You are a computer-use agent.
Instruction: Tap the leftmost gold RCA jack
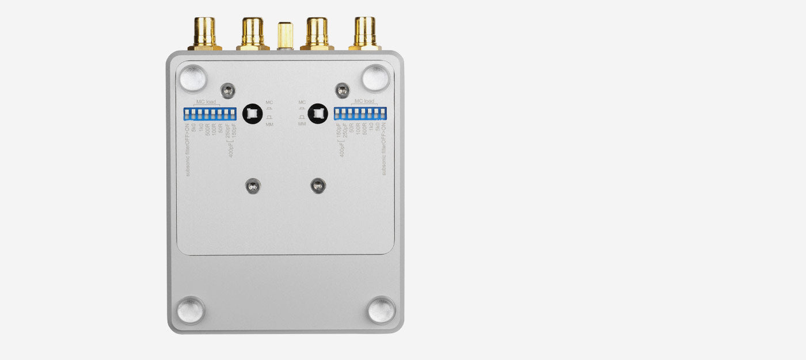click(x=204, y=33)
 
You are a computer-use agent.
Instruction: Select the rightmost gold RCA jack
click(x=364, y=33)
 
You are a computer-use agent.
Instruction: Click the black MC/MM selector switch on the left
click(x=251, y=113)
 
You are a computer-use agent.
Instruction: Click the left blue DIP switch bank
click(x=210, y=113)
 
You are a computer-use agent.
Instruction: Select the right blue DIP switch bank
click(x=360, y=113)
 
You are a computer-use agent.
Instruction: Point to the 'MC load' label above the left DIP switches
click(x=206, y=103)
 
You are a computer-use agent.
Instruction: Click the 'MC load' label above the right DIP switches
click(x=364, y=103)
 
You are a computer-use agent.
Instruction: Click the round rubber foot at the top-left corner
click(x=193, y=78)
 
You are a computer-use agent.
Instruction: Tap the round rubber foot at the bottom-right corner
click(x=381, y=310)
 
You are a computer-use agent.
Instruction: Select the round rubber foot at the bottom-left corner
click(x=191, y=310)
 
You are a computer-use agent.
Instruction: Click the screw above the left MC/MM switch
click(x=229, y=90)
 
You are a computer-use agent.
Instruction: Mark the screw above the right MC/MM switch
click(x=343, y=90)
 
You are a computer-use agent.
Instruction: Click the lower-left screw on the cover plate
click(x=252, y=185)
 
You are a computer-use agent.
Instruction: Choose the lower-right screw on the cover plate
click(x=318, y=185)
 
